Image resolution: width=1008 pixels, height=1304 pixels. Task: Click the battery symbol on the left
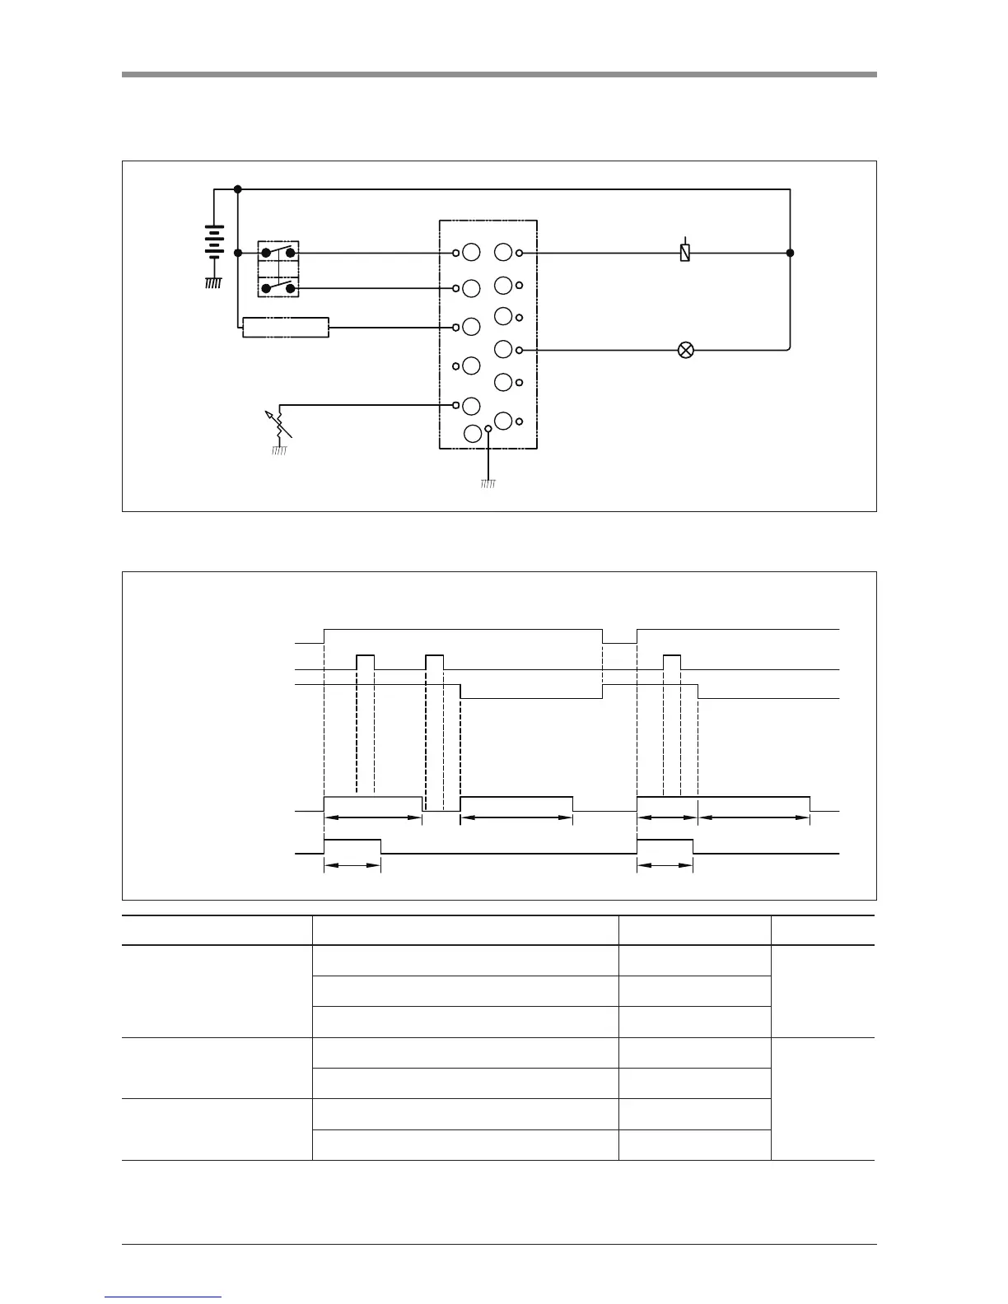coord(215,242)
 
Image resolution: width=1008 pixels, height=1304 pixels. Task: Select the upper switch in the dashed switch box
coord(278,252)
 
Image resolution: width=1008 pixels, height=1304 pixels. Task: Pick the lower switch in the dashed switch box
coord(278,287)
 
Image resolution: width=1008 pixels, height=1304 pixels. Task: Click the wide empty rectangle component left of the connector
coord(286,328)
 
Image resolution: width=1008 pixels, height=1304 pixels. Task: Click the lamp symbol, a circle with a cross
coord(684,351)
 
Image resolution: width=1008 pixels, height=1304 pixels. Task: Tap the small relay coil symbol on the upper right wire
coord(684,252)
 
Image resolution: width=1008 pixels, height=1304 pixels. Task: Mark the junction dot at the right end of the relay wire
coord(790,253)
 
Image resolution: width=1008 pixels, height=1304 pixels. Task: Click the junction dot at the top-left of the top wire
coord(237,189)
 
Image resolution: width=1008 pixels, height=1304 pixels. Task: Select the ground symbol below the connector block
coord(488,483)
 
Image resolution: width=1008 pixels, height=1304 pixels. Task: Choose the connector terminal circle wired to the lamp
coord(504,349)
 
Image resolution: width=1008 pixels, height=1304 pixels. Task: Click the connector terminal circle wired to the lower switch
coord(471,288)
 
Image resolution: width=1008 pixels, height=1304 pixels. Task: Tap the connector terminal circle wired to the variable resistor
coord(471,405)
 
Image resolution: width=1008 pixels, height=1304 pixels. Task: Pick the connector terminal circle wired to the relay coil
coord(504,252)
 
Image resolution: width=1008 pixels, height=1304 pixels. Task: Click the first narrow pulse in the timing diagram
coord(365,662)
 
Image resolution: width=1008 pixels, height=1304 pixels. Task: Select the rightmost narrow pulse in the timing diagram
coord(672,662)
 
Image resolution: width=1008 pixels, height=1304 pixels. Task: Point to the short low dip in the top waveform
coord(619,636)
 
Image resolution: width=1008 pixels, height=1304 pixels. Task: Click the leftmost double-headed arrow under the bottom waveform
coord(352,866)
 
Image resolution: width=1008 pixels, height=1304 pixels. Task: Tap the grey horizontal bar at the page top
coord(499,74)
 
